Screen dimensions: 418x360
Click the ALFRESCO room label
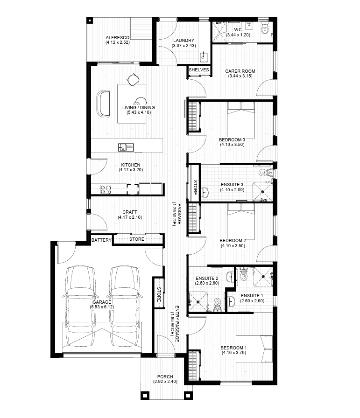tap(117, 37)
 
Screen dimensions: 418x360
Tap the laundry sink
tap(204, 57)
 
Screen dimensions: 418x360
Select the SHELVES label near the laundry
tap(198, 70)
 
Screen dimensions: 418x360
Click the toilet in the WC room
tap(265, 29)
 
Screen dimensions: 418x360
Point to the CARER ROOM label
tap(240, 71)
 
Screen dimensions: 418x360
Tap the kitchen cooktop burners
tap(106, 189)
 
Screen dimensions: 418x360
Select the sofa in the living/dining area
tap(103, 102)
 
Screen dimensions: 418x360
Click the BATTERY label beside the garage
tap(101, 240)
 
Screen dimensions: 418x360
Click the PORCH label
tap(165, 376)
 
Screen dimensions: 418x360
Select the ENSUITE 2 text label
tap(207, 279)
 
